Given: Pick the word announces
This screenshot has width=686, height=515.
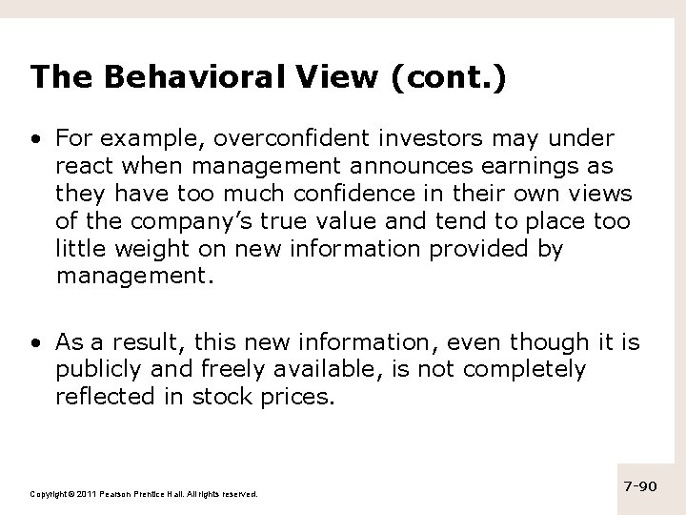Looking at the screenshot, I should tap(414, 167).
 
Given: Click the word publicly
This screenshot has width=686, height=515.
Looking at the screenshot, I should tap(99, 369).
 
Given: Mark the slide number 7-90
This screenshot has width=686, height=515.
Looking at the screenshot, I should tap(638, 486).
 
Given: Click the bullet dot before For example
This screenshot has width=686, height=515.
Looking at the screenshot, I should tap(35, 140).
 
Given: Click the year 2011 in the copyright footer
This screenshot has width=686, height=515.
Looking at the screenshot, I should tap(86, 494).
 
